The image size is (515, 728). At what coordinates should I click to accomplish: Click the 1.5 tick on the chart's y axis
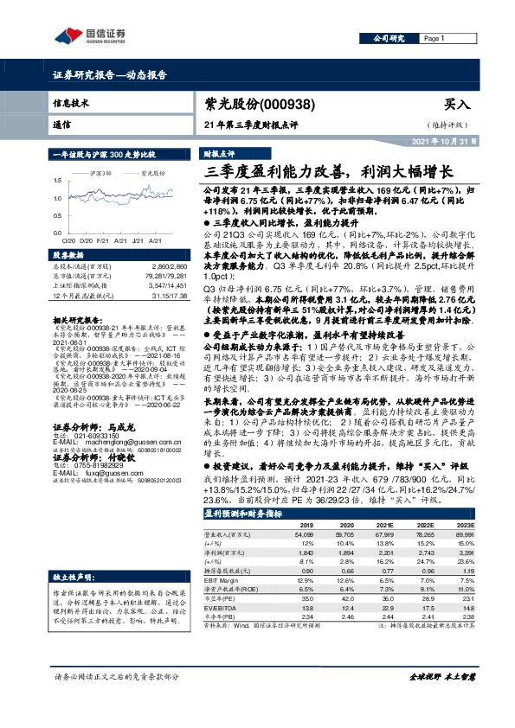(x=58, y=180)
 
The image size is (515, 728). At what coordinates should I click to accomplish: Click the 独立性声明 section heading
(x=72, y=576)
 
